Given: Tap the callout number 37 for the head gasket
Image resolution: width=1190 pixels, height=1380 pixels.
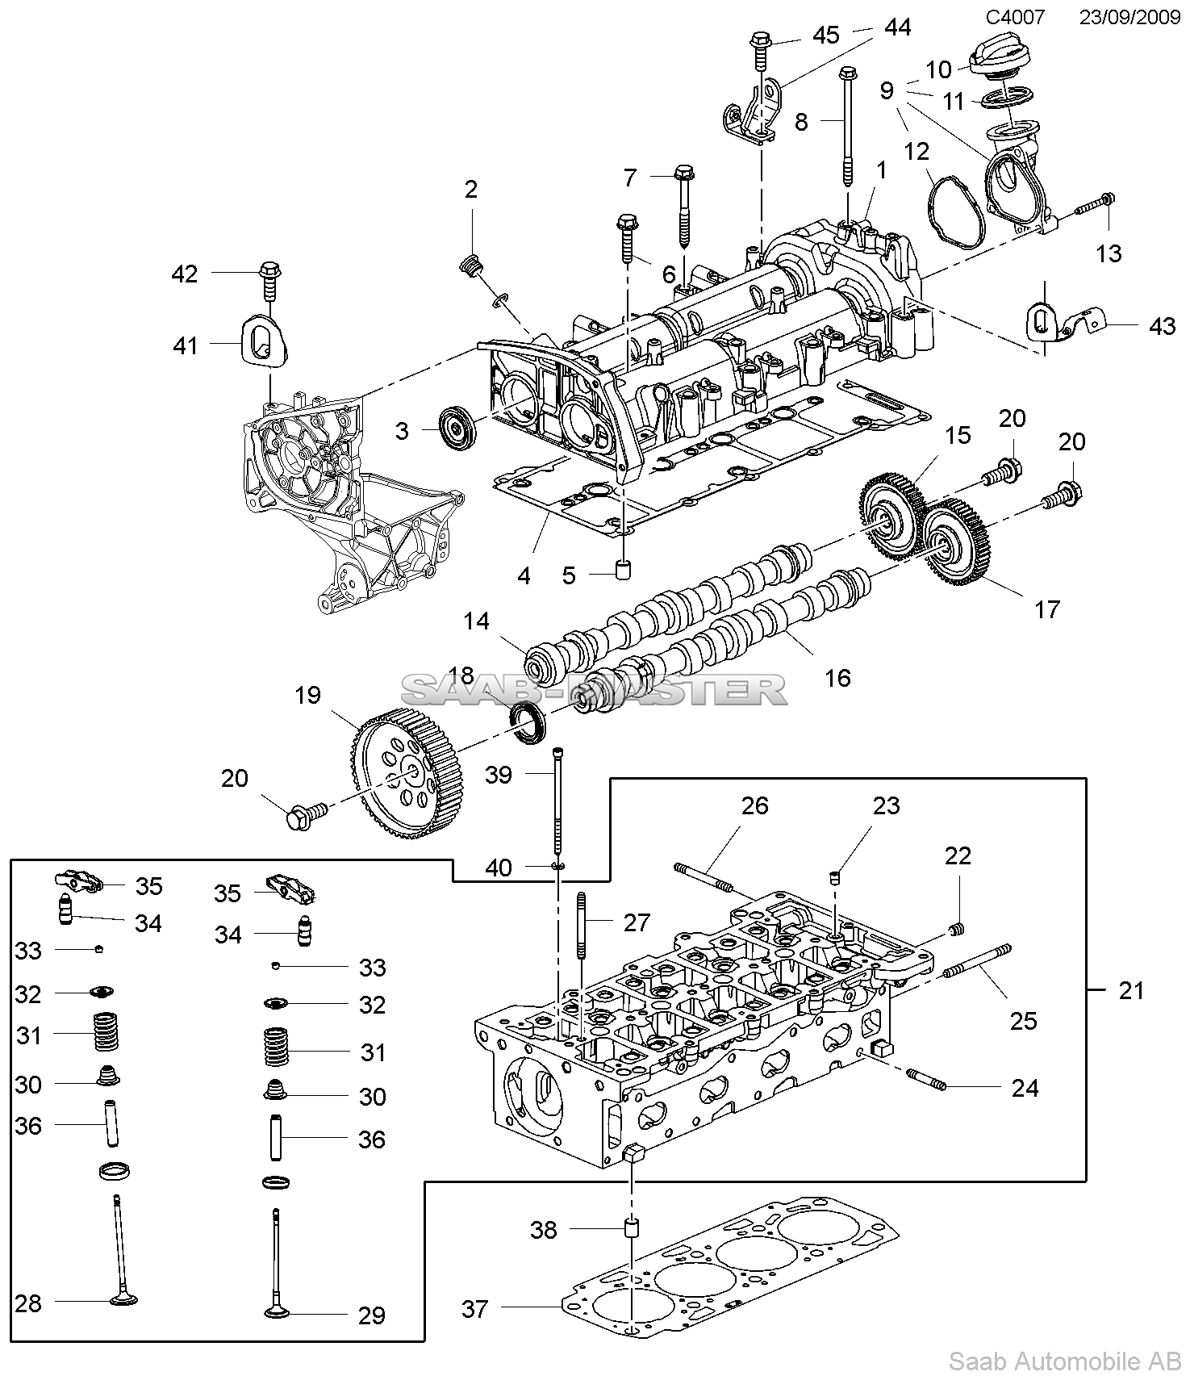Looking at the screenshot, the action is [x=475, y=1308].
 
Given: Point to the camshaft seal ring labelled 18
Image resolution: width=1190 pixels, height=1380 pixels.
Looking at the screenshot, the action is [x=528, y=724].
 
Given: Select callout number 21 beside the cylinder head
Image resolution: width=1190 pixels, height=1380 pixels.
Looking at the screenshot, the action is [x=1131, y=989].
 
